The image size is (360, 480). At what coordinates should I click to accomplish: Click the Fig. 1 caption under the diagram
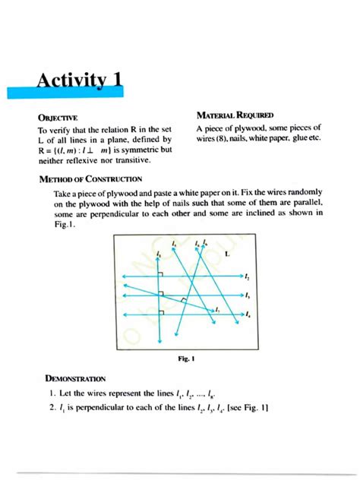[x=178, y=356]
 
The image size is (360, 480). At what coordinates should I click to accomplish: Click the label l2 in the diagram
[x=248, y=277]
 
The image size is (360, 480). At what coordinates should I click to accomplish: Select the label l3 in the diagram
[x=248, y=295]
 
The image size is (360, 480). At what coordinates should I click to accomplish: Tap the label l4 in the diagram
[x=248, y=314]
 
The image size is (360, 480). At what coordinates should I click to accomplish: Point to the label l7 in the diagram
[x=218, y=310]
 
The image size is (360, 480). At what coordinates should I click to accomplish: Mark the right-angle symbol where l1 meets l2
[x=163, y=273]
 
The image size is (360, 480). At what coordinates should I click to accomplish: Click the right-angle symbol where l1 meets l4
[x=163, y=308]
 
